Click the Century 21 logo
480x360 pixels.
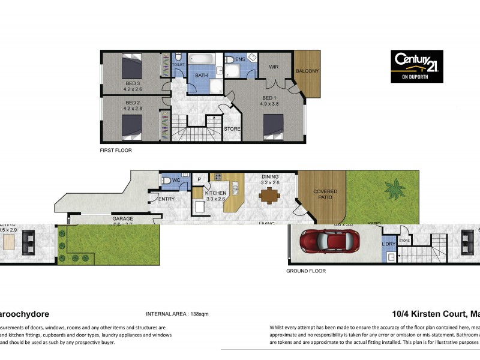pos(417,66)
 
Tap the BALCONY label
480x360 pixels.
pos(308,71)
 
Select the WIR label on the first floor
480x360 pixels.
pos(274,67)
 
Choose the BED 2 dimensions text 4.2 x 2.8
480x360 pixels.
pos(133,109)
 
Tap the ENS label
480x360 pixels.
pos(240,59)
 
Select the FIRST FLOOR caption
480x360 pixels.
pos(116,150)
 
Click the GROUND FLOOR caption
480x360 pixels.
pos(306,271)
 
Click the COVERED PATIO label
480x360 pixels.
pos(325,194)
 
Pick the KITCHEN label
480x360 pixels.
pos(215,193)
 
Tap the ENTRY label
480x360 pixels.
pos(166,199)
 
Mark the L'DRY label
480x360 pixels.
pos(388,245)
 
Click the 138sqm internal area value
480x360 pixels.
pos(195,314)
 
